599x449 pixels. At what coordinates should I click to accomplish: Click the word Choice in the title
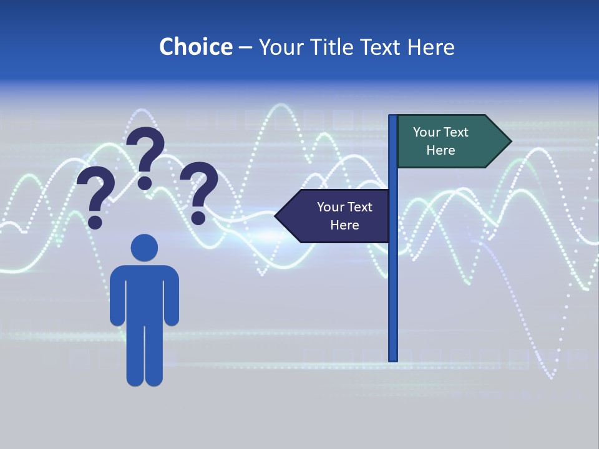(195, 47)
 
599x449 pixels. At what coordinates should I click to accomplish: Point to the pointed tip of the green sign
(510, 142)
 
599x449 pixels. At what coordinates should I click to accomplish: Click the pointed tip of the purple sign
(276, 216)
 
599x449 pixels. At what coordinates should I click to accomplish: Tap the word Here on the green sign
(441, 150)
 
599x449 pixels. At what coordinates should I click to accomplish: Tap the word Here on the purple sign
(344, 225)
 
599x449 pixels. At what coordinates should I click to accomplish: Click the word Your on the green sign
(427, 132)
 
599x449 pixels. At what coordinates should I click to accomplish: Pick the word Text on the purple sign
(359, 207)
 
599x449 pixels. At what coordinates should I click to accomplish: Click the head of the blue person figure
(144, 247)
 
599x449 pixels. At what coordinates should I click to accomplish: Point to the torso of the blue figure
(144, 293)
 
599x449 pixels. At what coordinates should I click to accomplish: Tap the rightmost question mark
(200, 190)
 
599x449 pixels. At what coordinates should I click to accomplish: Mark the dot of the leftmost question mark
(95, 222)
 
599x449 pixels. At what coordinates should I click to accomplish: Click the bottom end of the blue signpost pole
(393, 358)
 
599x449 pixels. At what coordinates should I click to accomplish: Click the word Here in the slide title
(431, 47)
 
